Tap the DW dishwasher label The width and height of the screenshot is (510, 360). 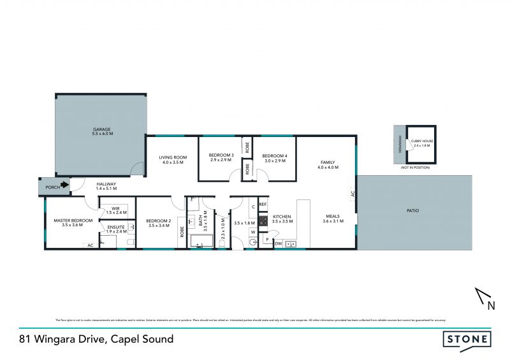click(x=279, y=243)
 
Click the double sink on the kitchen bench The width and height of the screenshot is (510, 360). click(x=291, y=243)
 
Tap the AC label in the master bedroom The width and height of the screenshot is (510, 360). click(x=90, y=245)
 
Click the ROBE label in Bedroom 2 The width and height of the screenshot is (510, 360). click(x=182, y=231)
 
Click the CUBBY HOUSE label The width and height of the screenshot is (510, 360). click(x=423, y=143)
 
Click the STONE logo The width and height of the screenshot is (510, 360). click(x=467, y=340)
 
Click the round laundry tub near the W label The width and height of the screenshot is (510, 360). click(x=252, y=242)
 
